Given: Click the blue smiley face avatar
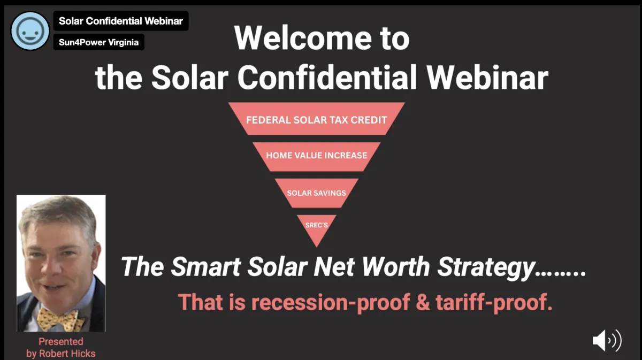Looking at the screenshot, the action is pyautogui.click(x=30, y=31).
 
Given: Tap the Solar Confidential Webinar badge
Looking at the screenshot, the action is pyautogui.click(x=121, y=21).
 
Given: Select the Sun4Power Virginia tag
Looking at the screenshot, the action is pyautogui.click(x=99, y=42).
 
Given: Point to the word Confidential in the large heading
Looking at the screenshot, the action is pyautogui.click(x=327, y=78).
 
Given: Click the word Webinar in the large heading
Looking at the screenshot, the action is pyautogui.click(x=487, y=78).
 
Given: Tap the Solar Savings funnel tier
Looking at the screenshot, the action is pyautogui.click(x=316, y=193).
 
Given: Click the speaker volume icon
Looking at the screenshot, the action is pyautogui.click(x=607, y=341).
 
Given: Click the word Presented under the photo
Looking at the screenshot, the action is pyautogui.click(x=61, y=341).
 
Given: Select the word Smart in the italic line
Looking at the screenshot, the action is pyautogui.click(x=205, y=266).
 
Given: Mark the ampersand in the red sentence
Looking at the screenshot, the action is pyautogui.click(x=423, y=302).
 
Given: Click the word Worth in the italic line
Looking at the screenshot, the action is pyautogui.click(x=395, y=266).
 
